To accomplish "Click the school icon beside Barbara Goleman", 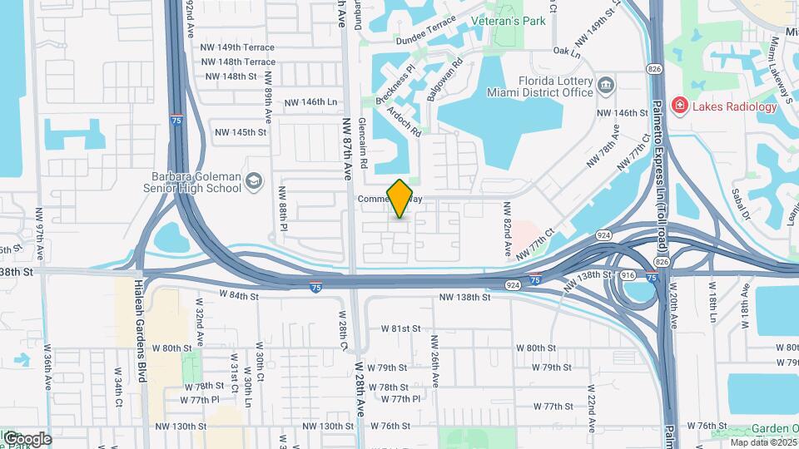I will click(255, 182).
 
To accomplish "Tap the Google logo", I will click(27, 438).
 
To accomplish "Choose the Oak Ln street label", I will click(566, 52).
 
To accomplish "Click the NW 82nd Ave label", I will click(505, 225).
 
